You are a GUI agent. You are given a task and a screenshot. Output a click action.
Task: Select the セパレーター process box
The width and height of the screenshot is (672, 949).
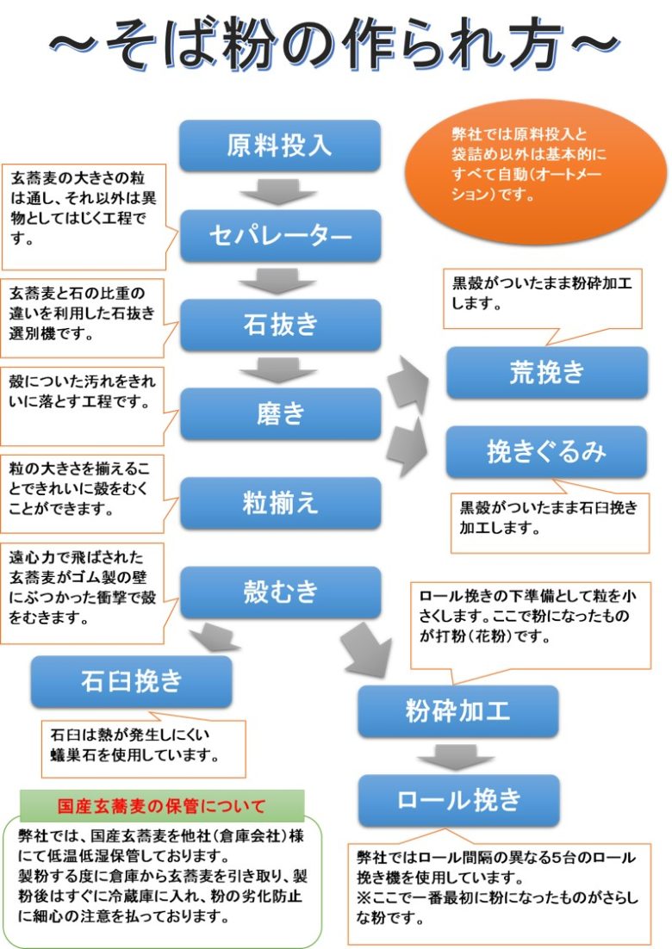tap(279, 234)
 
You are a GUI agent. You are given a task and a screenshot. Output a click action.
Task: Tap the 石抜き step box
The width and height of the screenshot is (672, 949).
tap(279, 324)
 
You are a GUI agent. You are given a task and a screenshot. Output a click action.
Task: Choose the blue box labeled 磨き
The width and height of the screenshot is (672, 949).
tap(279, 413)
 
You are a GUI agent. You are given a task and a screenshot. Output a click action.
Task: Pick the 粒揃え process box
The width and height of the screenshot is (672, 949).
tap(279, 502)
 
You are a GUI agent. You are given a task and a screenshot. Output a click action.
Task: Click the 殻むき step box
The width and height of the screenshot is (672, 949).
tap(279, 592)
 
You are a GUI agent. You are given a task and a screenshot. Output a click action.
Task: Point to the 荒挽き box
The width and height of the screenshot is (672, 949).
tap(546, 372)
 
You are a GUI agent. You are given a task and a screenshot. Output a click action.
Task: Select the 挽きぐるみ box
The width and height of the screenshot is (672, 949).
tap(546, 452)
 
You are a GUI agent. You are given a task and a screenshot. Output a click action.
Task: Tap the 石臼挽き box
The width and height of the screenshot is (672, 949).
tap(131, 681)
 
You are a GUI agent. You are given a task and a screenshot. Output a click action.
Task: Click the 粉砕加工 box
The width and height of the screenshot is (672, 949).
tap(457, 711)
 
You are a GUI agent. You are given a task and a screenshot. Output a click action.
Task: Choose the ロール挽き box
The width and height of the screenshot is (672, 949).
tap(457, 800)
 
